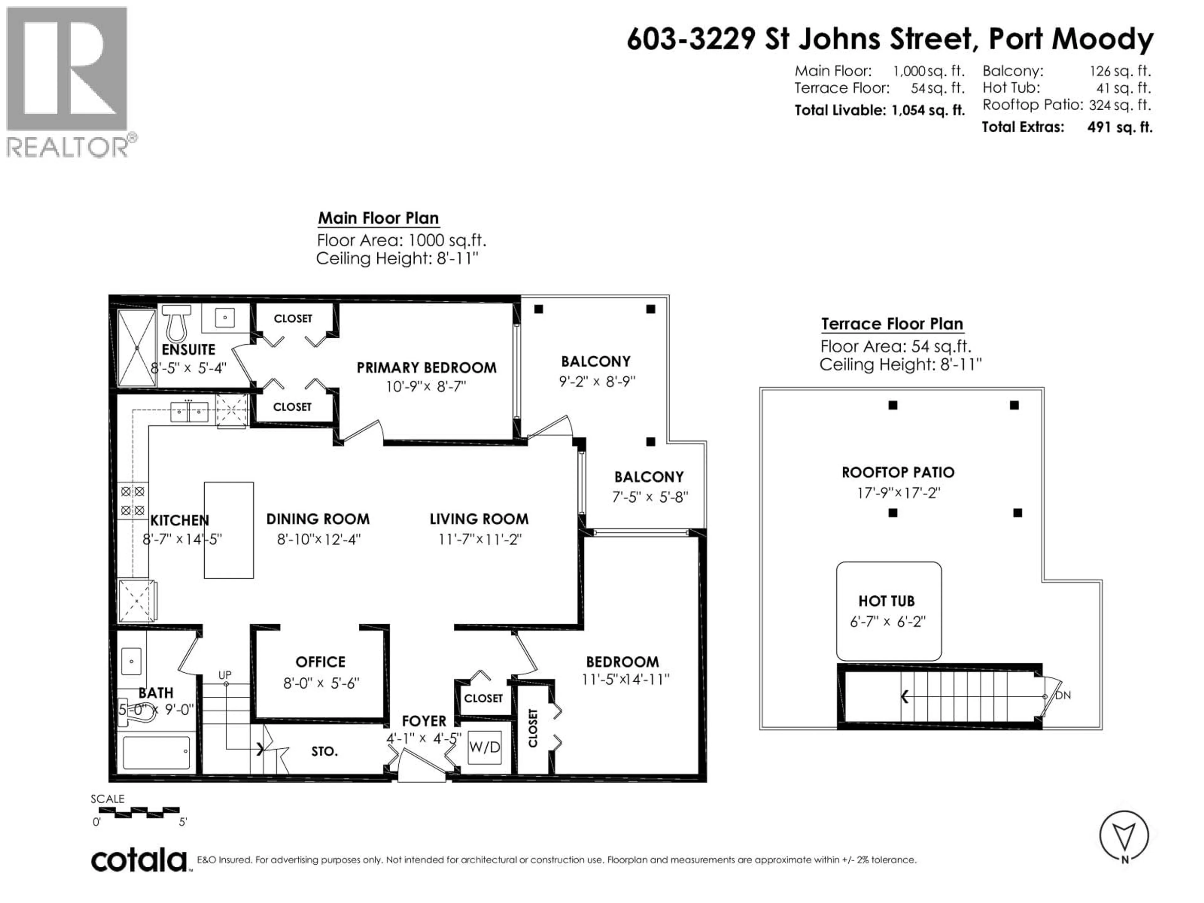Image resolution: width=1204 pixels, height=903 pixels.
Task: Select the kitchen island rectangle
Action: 229,530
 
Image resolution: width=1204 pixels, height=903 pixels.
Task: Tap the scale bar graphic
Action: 139,812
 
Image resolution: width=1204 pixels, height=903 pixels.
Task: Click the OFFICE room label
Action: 320,662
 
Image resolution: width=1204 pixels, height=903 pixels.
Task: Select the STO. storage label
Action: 325,752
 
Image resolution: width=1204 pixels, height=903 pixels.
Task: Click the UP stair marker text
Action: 225,675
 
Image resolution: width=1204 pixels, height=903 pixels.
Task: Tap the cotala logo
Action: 139,861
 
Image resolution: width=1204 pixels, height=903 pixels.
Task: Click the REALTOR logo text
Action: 68,147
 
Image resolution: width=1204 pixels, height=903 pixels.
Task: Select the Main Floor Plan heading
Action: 378,218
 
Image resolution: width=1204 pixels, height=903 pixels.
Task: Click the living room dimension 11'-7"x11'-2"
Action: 479,539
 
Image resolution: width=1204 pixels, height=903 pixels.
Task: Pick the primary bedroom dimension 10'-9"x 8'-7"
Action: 426,387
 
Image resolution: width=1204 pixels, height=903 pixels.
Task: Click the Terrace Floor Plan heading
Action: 892,324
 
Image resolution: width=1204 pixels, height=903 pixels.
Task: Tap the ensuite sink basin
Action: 225,317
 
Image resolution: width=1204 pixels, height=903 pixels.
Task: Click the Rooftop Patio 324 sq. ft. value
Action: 1120,104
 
